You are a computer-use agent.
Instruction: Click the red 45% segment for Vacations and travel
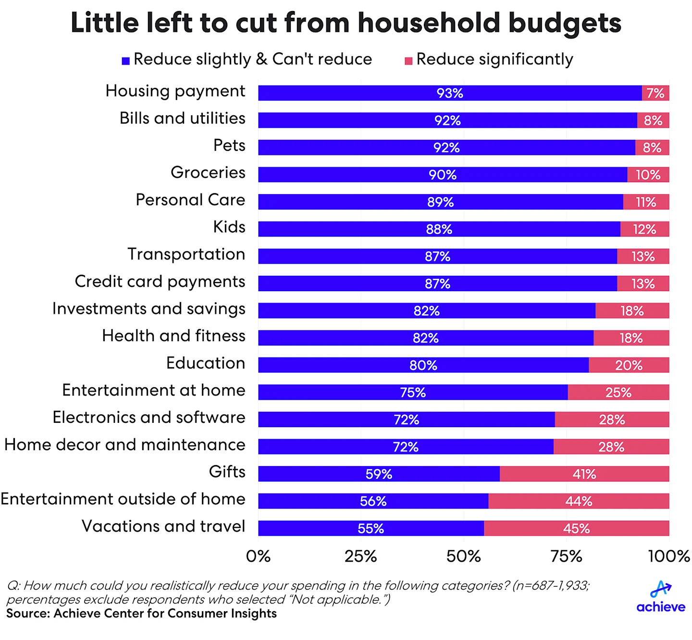pos(576,528)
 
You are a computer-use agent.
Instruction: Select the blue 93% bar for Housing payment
pos(449,93)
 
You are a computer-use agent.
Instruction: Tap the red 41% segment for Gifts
pos(584,474)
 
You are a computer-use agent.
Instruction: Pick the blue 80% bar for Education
pos(423,365)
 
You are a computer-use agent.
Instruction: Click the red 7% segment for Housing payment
pos(655,93)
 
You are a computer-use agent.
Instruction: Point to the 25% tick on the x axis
pos(360,556)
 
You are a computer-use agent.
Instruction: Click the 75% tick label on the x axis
pos(566,556)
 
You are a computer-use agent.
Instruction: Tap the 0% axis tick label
pos(258,556)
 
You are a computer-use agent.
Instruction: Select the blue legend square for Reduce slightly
pos(126,61)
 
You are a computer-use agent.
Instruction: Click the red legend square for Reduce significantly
pos(408,61)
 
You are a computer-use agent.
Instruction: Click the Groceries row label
pos(208,172)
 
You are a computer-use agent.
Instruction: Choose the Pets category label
pos(229,145)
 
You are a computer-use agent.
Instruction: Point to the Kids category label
pos(229,227)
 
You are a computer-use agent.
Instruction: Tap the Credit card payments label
pos(160,282)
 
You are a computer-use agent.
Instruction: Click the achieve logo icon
pos(661,589)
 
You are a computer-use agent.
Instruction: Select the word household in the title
pos(429,23)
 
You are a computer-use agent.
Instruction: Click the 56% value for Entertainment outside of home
pos(373,501)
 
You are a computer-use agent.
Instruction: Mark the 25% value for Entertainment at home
pos(618,393)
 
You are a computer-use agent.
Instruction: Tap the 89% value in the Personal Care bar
pos(440,202)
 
